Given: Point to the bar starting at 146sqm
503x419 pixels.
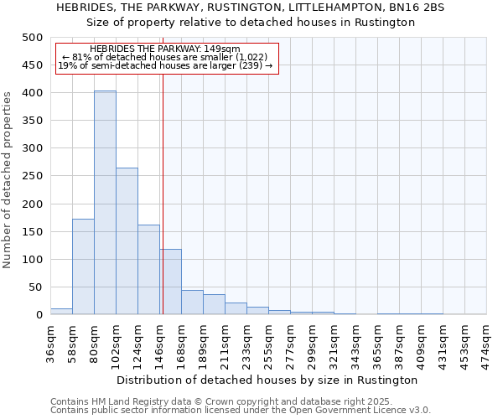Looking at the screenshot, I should pos(171,282).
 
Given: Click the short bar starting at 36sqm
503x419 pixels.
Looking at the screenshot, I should pos(61,311).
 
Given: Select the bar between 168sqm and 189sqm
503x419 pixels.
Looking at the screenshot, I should pos(192,303).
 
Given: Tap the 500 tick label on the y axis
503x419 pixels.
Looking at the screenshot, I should pos(32,38).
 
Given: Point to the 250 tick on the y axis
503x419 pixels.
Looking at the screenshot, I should pos(32,176).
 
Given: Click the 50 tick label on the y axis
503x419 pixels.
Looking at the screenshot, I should pos(34,287).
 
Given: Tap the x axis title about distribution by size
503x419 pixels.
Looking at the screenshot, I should pos(268,380).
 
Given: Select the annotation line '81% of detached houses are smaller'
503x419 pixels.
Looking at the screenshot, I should pos(166,57).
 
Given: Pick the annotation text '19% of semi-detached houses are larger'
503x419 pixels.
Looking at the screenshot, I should pos(165,65).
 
